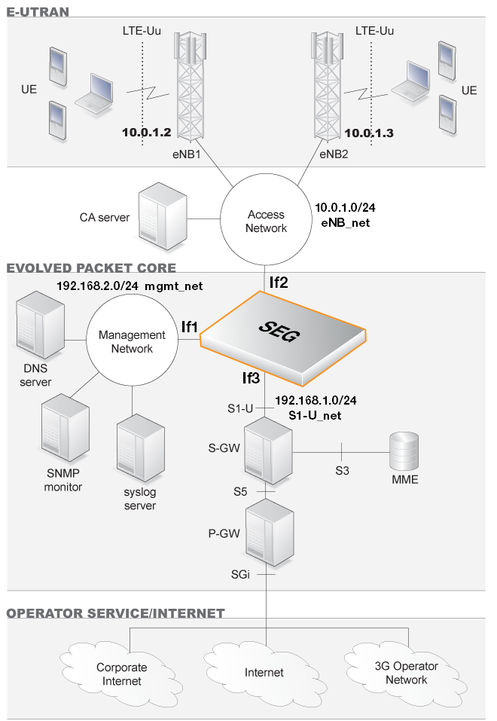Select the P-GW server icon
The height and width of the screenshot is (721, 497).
270,530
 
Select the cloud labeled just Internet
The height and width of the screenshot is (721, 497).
264,672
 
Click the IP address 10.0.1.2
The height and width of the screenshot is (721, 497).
147,133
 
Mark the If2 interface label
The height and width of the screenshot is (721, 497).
279,283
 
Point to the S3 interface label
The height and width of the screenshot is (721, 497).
343,471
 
